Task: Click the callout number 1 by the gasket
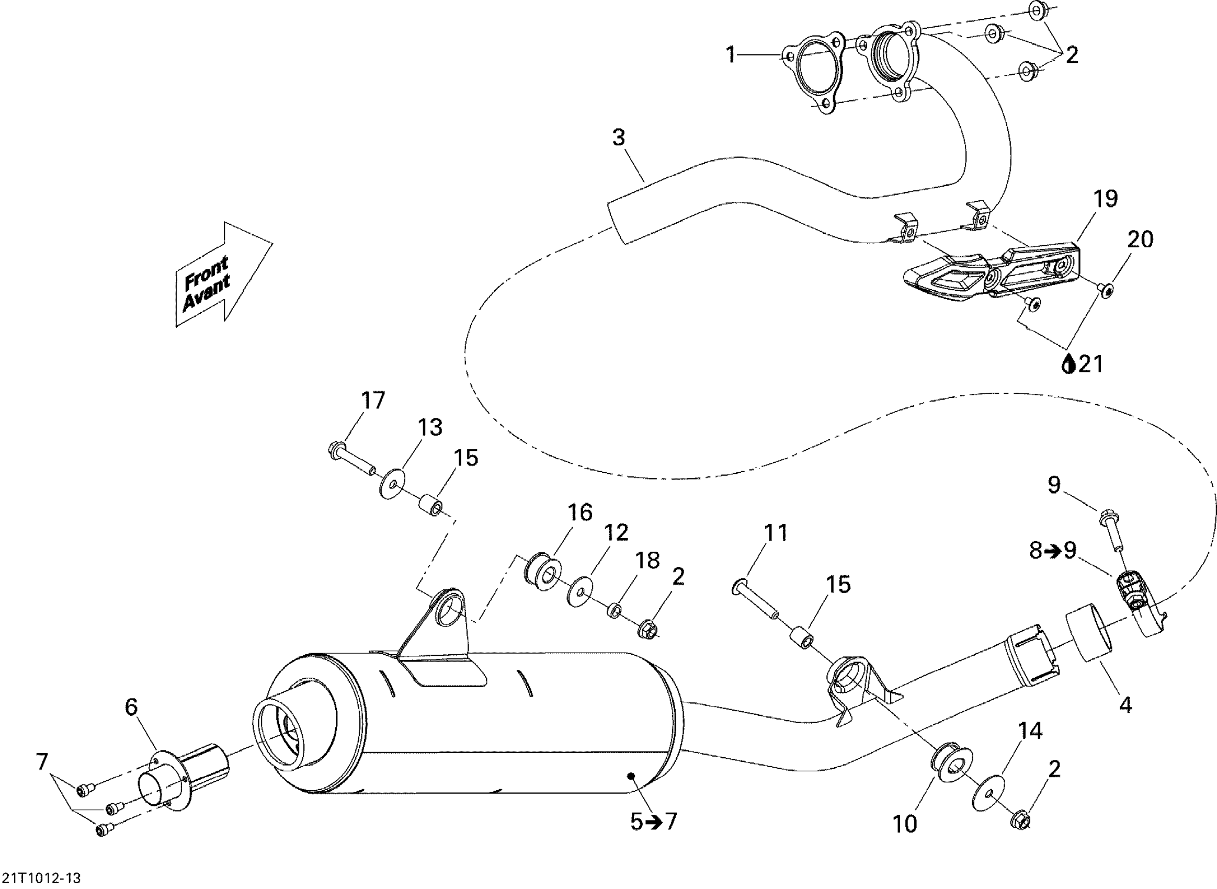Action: tap(731, 55)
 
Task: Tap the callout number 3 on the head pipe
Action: tap(619, 138)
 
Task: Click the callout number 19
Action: tap(1106, 199)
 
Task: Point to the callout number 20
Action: tap(1140, 240)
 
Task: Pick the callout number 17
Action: tap(373, 401)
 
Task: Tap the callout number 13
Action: tap(430, 427)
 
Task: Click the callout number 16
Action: tap(580, 512)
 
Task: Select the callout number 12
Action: tap(616, 533)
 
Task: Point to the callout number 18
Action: tap(647, 560)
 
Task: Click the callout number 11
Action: tap(776, 533)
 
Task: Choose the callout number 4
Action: tap(1125, 704)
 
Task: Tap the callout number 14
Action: tap(1030, 731)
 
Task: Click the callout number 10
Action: tap(905, 824)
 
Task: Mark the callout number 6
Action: tap(131, 707)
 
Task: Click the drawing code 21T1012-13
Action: tap(41, 879)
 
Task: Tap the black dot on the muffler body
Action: tap(631, 776)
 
